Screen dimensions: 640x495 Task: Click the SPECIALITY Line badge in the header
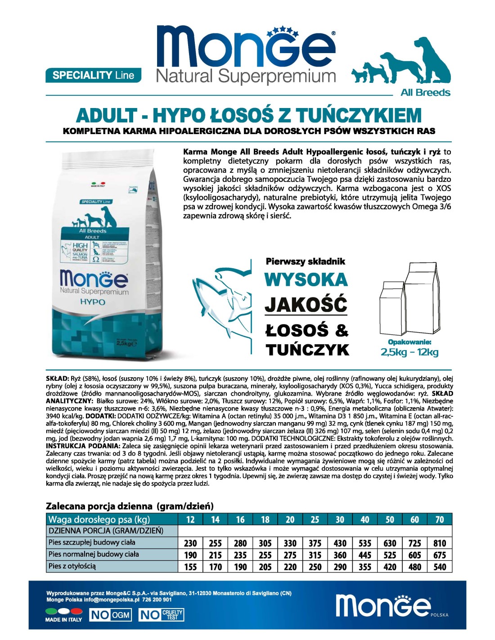tap(93, 75)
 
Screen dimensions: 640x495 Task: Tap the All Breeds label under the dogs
tap(425, 93)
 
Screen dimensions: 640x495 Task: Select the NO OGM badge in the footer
tap(110, 615)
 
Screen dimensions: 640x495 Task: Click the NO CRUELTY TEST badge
tap(161, 615)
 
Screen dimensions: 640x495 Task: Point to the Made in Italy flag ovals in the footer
tap(64, 611)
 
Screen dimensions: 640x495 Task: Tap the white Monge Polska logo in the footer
tap(383, 605)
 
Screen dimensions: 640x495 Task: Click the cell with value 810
tap(440, 543)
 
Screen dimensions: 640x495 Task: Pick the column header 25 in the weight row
tap(315, 519)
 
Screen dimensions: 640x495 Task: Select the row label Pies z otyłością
tap(72, 566)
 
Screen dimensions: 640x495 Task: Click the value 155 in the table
tap(191, 567)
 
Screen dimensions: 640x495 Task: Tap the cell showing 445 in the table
tap(365, 555)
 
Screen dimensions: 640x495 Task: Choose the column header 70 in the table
tap(440, 519)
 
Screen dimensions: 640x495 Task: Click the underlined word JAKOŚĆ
tap(306, 305)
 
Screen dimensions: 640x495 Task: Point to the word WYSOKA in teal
tap(306, 280)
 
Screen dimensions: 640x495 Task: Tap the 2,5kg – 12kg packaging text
tap(409, 352)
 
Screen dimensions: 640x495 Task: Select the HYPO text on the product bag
tap(93, 302)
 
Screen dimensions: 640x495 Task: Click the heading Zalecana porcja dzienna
tap(130, 506)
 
